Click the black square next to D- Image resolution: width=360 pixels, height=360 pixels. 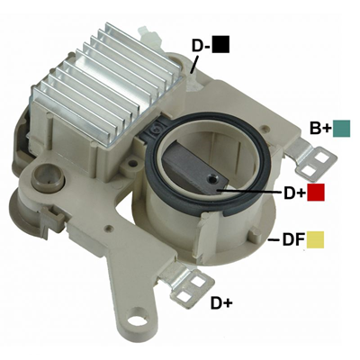point(220,44)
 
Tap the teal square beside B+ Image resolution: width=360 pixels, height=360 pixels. point(341,129)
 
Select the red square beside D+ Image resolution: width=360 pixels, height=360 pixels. point(316,193)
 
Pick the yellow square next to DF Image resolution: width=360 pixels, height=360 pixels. point(315,239)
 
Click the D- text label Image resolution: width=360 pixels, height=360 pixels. point(201,46)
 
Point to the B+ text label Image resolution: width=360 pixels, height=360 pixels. point(320,129)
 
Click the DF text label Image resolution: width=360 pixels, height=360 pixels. point(293,240)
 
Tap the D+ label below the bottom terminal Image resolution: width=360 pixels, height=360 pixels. point(221,302)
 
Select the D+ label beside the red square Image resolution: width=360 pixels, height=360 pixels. point(294,193)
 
